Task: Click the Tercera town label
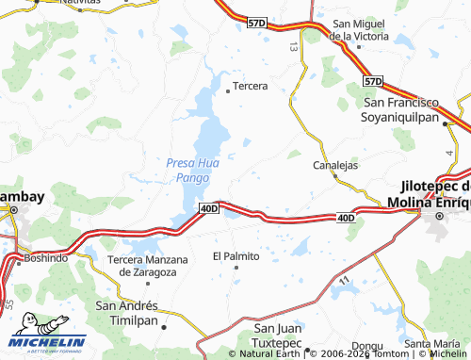(x=251, y=86)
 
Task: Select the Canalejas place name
(x=335, y=165)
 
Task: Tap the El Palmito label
(x=235, y=255)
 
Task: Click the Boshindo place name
(x=46, y=257)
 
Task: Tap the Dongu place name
(x=367, y=346)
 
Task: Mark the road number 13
(x=294, y=45)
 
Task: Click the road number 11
(x=345, y=281)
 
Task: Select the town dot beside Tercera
(x=228, y=91)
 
